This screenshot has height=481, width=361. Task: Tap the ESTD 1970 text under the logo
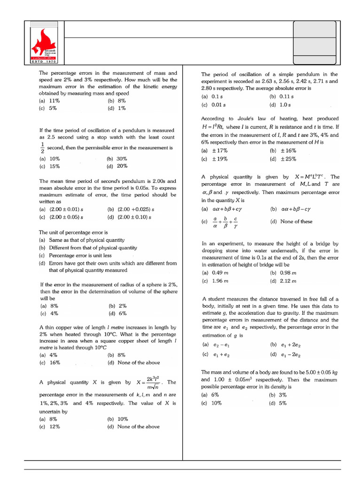(x=43, y=62)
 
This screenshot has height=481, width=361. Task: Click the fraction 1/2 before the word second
(x=42, y=147)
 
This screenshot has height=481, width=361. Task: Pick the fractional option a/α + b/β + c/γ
(x=225, y=222)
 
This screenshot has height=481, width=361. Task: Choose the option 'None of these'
(x=296, y=221)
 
